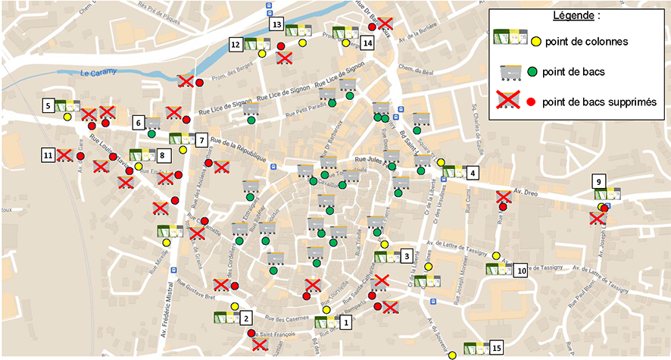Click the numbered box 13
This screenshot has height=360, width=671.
pos(276,25)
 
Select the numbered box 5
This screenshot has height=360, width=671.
pos(47,106)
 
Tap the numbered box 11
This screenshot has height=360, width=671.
pos(48,155)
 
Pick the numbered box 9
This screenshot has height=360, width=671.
pos(598,181)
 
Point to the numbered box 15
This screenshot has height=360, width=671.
pos(497,347)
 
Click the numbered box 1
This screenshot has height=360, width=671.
pos(346,322)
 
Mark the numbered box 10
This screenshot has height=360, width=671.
pos(521,270)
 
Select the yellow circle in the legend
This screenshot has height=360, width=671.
pos(535,41)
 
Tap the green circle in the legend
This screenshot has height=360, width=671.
pos(532,72)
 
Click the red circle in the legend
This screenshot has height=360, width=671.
pos(532,102)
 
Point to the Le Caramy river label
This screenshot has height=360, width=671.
pos(96,74)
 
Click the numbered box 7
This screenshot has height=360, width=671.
pos(201,140)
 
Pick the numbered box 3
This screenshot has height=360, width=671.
pos(407,256)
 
